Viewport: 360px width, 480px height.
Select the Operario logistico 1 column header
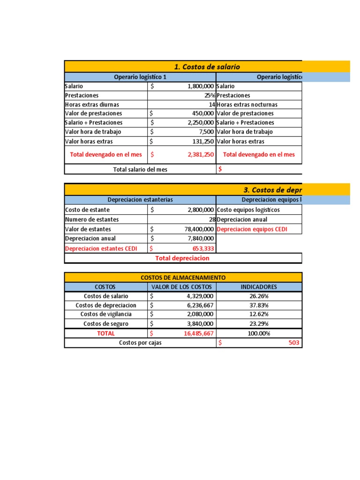(140, 77)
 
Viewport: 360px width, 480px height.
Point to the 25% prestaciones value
(210, 95)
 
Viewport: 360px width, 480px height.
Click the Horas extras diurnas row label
(92, 105)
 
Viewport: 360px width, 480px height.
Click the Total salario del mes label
(140, 169)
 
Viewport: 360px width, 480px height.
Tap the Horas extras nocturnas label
(247, 105)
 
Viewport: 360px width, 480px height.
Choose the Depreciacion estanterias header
(140, 200)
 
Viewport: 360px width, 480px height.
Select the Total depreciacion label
(182, 258)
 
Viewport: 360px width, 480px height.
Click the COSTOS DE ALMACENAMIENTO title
(183, 277)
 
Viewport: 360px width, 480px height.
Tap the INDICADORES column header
(258, 287)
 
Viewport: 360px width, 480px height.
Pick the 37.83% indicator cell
(258, 305)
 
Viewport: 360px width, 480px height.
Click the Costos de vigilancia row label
(106, 314)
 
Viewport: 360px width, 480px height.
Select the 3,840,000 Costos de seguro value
(200, 324)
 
